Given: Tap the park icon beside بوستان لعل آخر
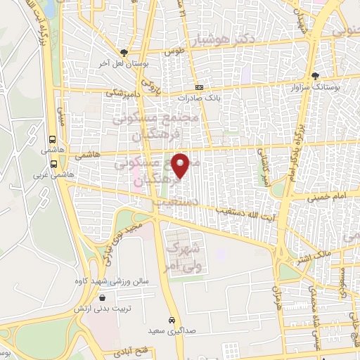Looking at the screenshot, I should pos(124,53).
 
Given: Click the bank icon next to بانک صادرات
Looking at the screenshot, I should pos(199,88).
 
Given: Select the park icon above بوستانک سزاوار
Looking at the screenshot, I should pos(316,75).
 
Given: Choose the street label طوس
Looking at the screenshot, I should pos(174,53).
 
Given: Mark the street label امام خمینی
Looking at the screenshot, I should pos(327,200).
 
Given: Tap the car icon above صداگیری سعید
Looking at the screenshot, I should pos(172,319).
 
